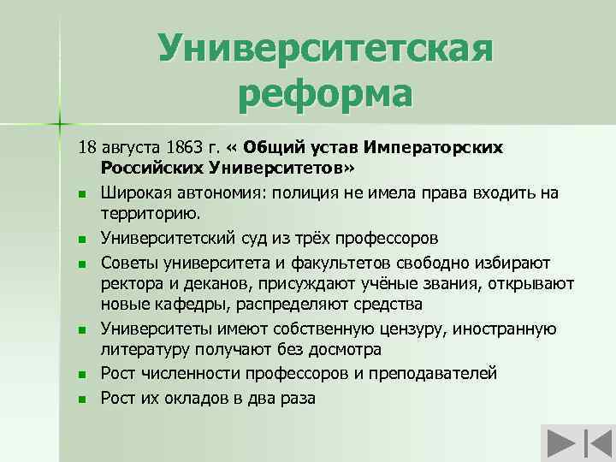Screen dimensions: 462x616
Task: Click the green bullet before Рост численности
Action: point(81,375)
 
